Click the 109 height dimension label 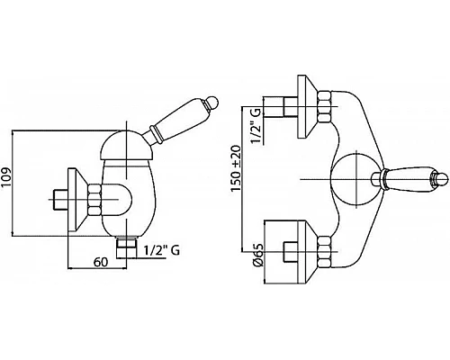tap(6, 181)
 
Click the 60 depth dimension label tap(101, 262)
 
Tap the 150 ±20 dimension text tap(236, 168)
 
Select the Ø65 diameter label tap(258, 255)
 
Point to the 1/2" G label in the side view tap(161, 250)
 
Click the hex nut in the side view tap(94, 199)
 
